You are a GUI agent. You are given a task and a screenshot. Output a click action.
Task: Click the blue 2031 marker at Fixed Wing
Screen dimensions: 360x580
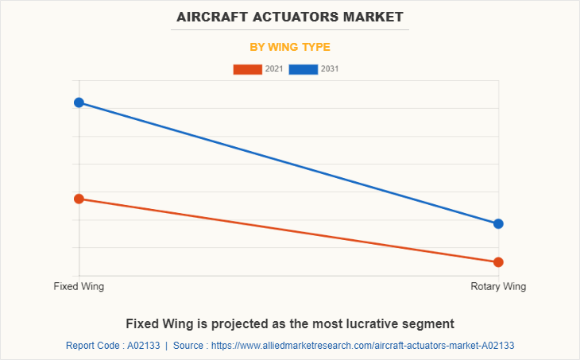(x=79, y=103)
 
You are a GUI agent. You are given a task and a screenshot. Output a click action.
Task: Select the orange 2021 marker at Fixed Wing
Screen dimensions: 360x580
(x=79, y=199)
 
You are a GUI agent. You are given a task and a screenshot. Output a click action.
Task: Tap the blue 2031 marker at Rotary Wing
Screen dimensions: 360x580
(x=498, y=224)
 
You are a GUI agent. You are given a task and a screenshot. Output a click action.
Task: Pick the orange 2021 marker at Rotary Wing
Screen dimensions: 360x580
(x=498, y=262)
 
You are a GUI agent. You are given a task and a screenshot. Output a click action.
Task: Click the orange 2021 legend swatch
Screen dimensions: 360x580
(x=247, y=69)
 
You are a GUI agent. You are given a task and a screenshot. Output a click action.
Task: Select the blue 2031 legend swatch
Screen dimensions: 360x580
(x=304, y=69)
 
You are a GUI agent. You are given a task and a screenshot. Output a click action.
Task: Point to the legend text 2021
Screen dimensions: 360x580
(x=274, y=69)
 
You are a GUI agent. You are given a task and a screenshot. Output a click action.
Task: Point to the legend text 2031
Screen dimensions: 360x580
(x=330, y=69)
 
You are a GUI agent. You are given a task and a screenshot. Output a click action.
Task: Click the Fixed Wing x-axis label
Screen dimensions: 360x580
(x=79, y=286)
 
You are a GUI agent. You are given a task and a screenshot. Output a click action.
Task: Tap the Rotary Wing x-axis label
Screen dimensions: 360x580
(x=498, y=286)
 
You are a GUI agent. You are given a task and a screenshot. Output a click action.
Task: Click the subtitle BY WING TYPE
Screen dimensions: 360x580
(x=290, y=47)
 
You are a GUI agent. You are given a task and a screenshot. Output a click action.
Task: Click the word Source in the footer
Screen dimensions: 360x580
(x=189, y=346)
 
